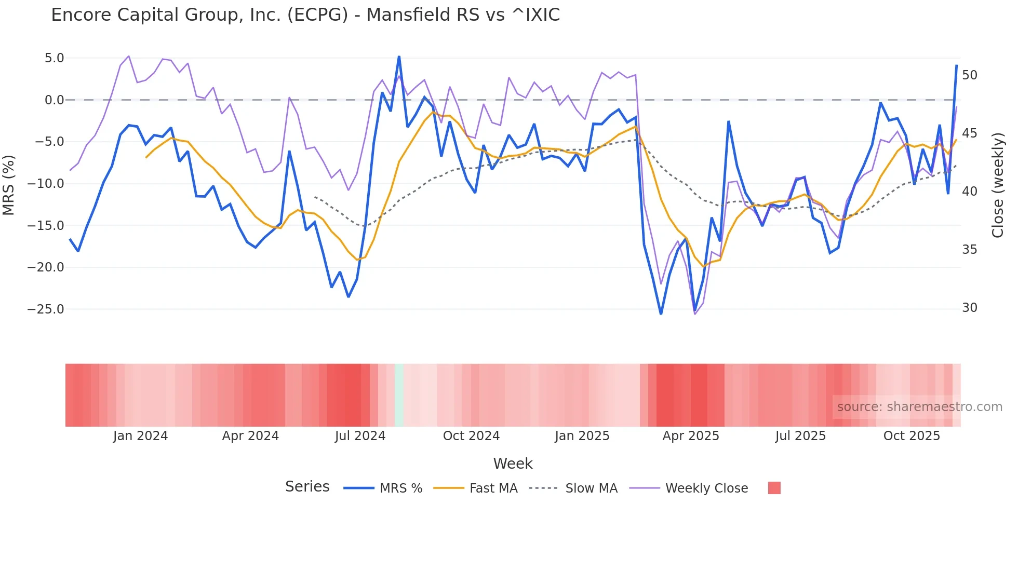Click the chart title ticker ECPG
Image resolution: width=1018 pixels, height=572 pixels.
(x=318, y=15)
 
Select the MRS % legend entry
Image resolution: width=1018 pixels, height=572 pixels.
(x=400, y=488)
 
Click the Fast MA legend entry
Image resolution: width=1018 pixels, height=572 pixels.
(x=493, y=488)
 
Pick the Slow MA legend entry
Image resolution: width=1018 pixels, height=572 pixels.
(x=591, y=488)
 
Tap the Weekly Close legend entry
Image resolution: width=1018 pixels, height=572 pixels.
(x=706, y=488)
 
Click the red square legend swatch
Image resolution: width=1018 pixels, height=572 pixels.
(x=774, y=488)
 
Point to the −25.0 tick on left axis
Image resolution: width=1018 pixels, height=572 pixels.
(x=46, y=309)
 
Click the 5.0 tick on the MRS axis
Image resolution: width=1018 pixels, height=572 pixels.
(x=54, y=58)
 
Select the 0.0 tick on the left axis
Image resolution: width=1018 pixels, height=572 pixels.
(x=54, y=100)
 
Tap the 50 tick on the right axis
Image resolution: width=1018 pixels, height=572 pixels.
(x=969, y=75)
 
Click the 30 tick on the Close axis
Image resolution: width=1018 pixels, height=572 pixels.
(x=969, y=308)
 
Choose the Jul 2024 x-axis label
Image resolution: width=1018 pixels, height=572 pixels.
(x=360, y=436)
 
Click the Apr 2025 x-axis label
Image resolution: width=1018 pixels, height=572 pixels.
(x=690, y=436)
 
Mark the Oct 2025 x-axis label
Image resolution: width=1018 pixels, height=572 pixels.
(x=912, y=436)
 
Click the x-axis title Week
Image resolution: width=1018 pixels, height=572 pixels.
(x=513, y=464)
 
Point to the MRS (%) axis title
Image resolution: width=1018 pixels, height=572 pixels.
(x=8, y=185)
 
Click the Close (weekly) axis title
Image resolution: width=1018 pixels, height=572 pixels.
(x=997, y=185)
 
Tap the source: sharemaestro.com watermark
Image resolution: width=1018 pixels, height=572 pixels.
(x=919, y=407)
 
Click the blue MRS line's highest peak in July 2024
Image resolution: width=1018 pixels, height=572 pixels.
(x=399, y=57)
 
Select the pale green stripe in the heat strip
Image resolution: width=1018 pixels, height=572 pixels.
(x=399, y=395)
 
